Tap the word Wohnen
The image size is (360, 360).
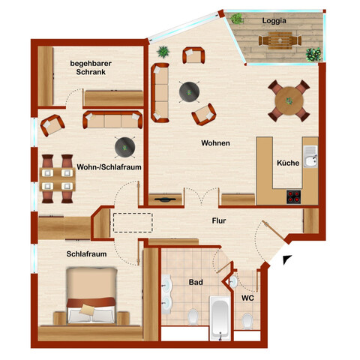pyautogui.click(x=215, y=143)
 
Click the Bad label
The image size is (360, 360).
pyautogui.click(x=195, y=283)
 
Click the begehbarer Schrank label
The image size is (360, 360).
pyautogui.click(x=91, y=69)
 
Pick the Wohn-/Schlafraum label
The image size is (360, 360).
pyautogui.click(x=110, y=166)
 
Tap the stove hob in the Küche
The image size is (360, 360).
pyautogui.click(x=294, y=197)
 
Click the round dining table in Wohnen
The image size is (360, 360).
pyautogui.click(x=288, y=99)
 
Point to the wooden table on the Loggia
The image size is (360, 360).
pyautogui.click(x=279, y=40)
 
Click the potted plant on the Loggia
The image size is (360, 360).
pyautogui.click(x=313, y=54)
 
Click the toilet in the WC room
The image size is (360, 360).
pyautogui.click(x=247, y=320)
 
